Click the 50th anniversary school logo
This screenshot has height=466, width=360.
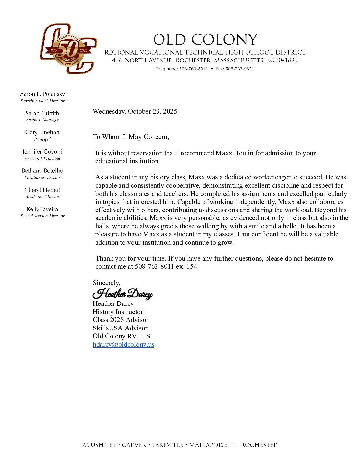68,49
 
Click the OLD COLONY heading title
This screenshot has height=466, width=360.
205,40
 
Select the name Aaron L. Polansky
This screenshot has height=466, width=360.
42,94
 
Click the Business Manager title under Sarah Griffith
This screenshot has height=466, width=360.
42,120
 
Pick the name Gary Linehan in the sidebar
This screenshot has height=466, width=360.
42,132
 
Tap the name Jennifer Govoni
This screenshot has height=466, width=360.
42,152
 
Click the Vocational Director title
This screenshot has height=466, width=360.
42,178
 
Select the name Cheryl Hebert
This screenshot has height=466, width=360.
42,190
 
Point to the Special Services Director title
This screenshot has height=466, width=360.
42,216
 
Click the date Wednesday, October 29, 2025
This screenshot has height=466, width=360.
135,111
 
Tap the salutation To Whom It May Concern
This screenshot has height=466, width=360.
131,137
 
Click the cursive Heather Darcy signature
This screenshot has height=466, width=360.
122,294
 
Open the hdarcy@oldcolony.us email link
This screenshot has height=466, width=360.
123,344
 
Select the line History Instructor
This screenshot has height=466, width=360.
118,312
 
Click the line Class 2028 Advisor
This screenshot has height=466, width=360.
120,320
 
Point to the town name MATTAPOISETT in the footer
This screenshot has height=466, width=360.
212,445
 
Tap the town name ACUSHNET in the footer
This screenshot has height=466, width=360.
99,445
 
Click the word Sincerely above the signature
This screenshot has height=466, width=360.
106,283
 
